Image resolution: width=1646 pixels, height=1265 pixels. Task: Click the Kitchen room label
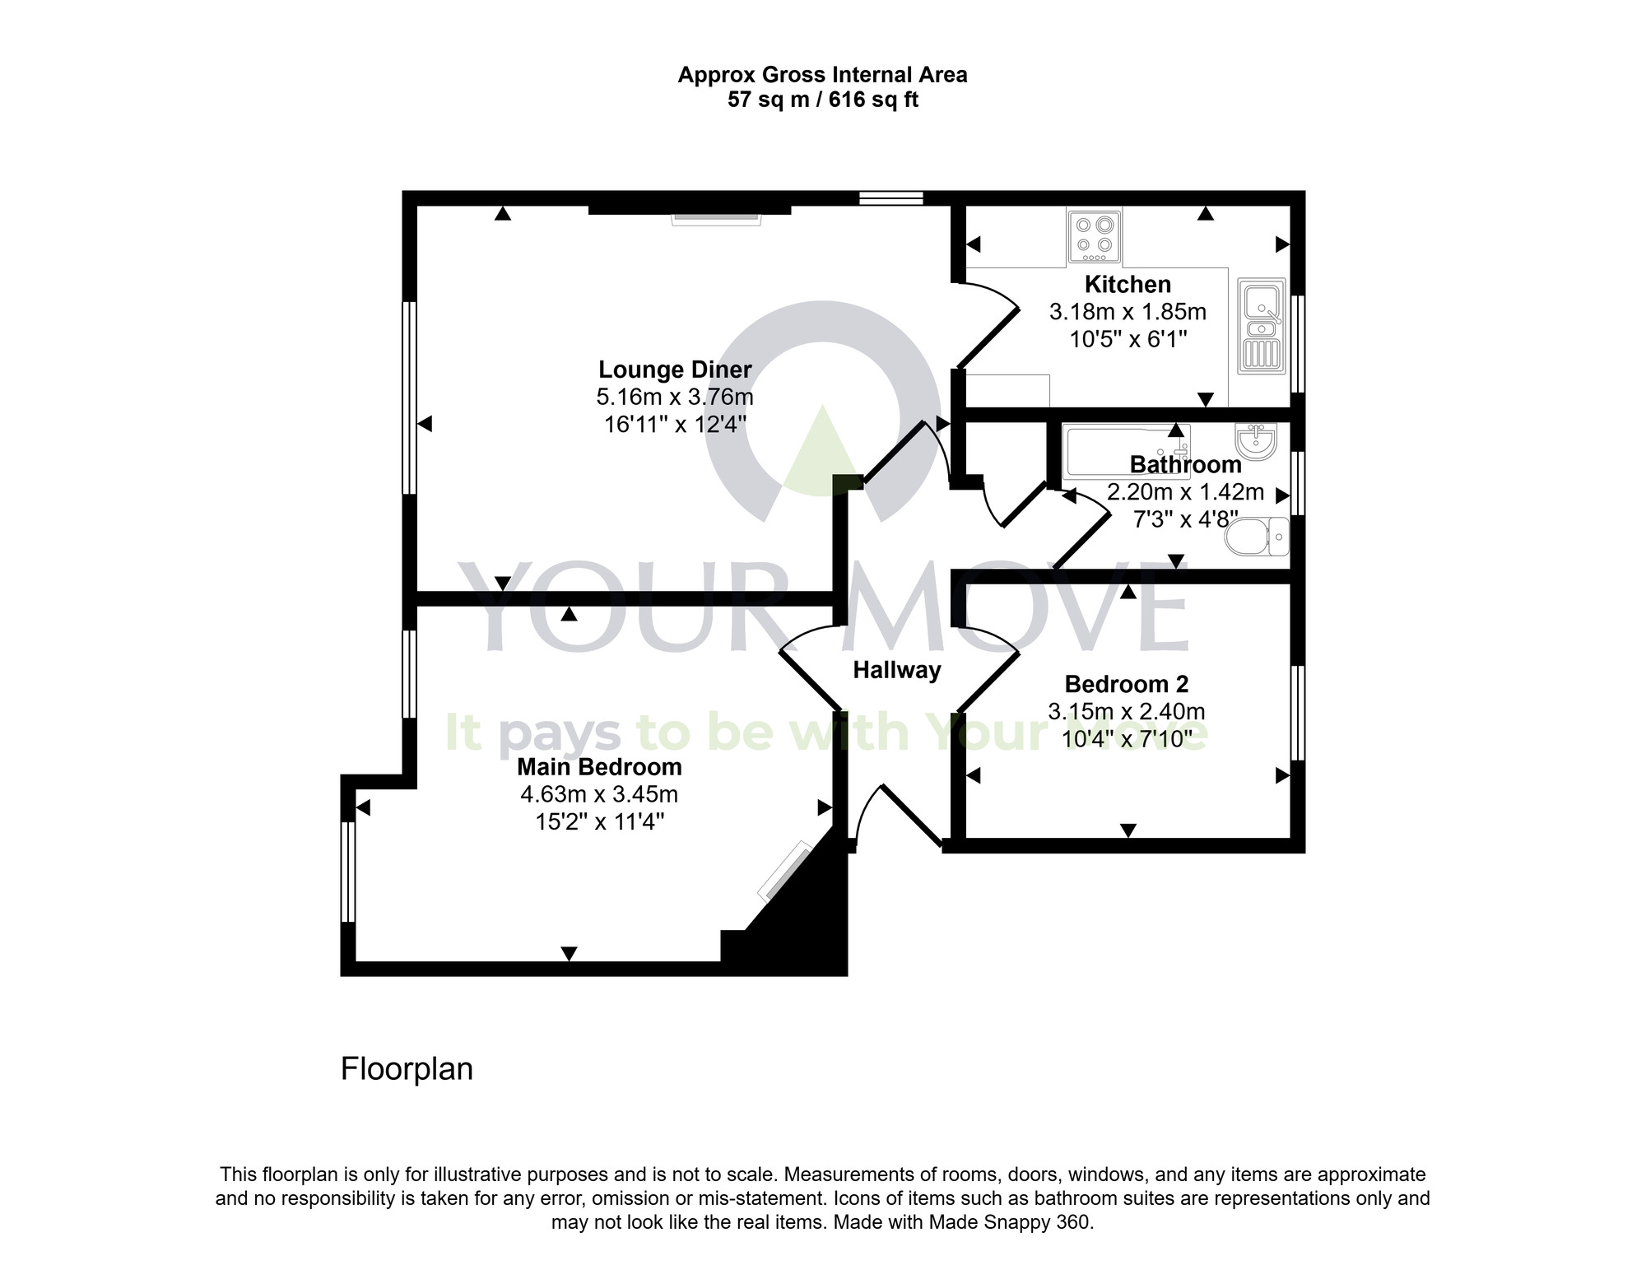click(x=1128, y=285)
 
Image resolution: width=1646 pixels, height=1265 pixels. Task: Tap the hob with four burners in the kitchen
click(x=1095, y=235)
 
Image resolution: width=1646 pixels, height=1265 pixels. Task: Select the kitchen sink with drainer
click(x=1261, y=326)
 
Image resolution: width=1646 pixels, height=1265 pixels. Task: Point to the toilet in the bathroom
click(x=1257, y=537)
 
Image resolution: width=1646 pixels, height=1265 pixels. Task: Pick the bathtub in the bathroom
click(x=1126, y=451)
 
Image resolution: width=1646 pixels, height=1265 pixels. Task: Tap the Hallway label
click(x=896, y=671)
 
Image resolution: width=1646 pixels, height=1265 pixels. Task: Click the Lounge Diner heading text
click(x=675, y=370)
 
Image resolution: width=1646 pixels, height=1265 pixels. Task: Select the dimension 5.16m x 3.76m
click(x=675, y=398)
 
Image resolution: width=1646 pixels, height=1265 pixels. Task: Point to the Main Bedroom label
click(x=599, y=767)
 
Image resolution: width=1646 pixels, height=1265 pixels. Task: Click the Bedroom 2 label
click(x=1126, y=684)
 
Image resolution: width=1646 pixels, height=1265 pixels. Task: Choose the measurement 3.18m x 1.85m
click(x=1128, y=313)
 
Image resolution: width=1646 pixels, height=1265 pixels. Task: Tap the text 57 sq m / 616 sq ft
click(x=822, y=100)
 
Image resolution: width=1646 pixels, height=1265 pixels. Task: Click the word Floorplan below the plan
click(x=407, y=1069)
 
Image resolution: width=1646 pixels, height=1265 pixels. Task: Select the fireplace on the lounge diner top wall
click(x=717, y=218)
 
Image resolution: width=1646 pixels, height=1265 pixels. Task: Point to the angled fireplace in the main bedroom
click(x=784, y=871)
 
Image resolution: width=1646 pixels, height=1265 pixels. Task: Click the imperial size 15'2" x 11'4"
click(x=599, y=822)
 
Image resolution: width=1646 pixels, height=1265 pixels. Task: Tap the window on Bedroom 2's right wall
click(x=1297, y=713)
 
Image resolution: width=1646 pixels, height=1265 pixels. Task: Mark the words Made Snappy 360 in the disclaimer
click(x=1009, y=1222)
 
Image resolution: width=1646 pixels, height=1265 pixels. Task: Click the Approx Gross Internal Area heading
click(x=822, y=75)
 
